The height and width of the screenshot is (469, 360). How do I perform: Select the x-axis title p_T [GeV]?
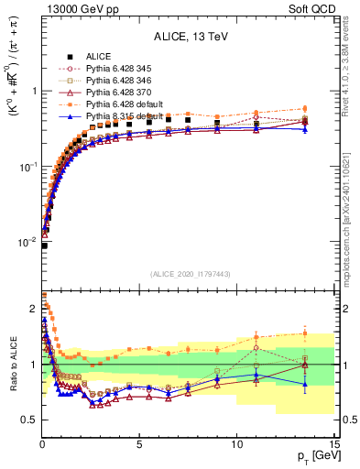click(314, 455)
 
